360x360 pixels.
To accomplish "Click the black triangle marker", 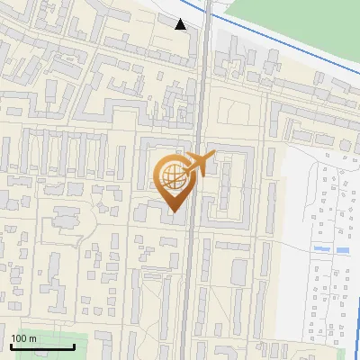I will click(x=181, y=24).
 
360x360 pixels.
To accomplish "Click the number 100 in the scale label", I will click(x=20, y=338).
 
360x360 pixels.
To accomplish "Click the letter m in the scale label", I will click(x=33, y=338).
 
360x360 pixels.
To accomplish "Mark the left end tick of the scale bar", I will click(x=10, y=345).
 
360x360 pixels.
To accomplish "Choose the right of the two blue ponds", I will click(x=342, y=248).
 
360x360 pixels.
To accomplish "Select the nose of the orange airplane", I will click(x=213, y=157).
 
